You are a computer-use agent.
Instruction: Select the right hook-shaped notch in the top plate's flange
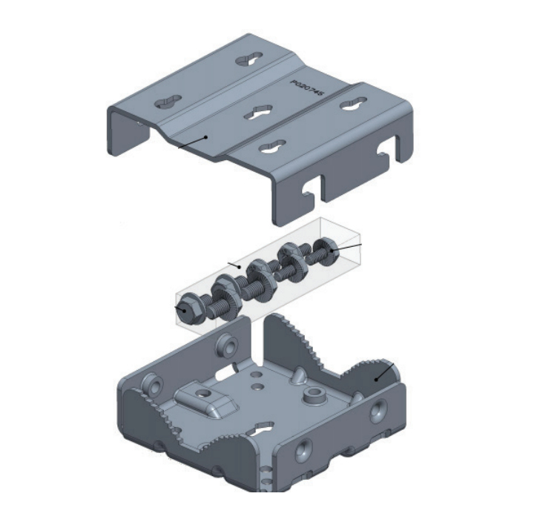(x=386, y=151)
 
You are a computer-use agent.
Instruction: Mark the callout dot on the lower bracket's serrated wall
(x=376, y=379)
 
